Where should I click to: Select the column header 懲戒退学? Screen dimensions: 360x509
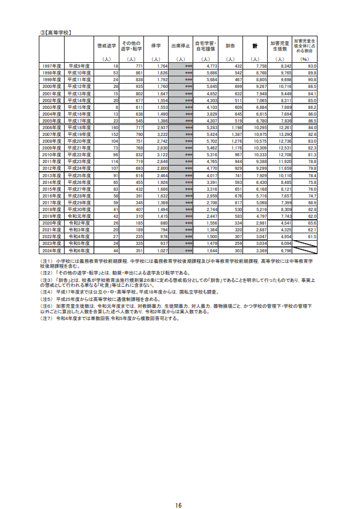point(106,46)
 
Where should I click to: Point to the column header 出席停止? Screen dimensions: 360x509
point(181,46)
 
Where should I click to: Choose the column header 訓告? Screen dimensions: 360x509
point(230,46)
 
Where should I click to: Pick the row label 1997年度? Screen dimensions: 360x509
point(51,65)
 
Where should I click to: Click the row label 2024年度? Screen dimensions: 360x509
point(51,250)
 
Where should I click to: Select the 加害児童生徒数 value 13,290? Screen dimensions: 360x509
point(282,134)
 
